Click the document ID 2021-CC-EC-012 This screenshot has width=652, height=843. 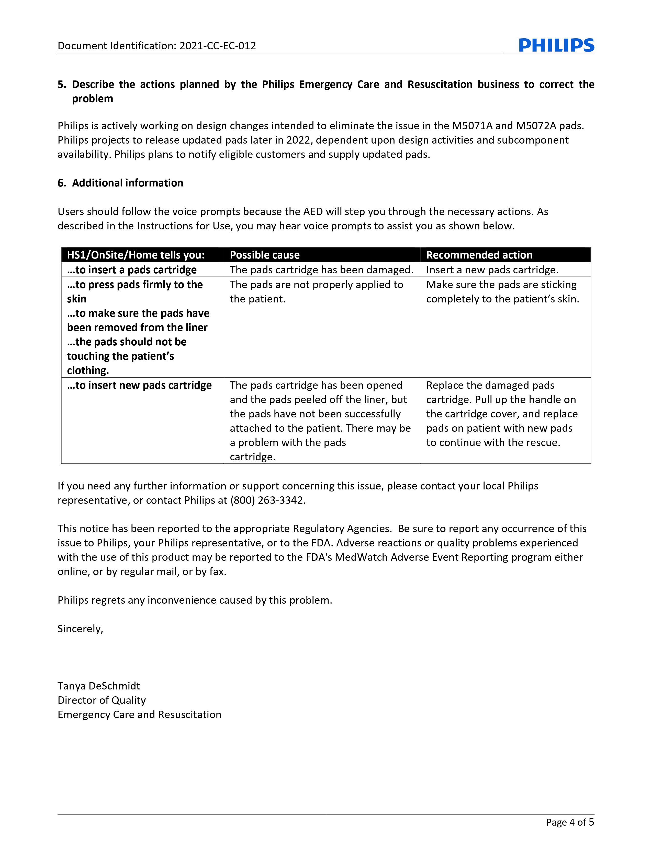point(218,46)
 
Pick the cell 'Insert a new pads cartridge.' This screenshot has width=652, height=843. point(492,270)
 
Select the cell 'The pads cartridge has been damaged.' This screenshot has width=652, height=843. point(321,270)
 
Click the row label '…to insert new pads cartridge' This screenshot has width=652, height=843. point(139,385)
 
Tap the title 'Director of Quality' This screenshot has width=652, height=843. point(102,700)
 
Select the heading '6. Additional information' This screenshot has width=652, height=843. point(120,183)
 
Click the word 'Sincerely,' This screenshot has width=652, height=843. point(80,629)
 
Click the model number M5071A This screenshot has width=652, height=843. point(472,126)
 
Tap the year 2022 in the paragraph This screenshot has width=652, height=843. point(298,140)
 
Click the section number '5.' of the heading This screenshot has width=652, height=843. point(62,85)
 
